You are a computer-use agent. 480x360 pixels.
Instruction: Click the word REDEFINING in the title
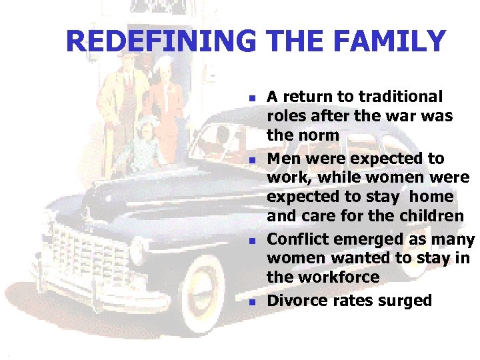click(x=161, y=41)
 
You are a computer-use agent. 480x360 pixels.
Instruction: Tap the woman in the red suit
click(x=164, y=100)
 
